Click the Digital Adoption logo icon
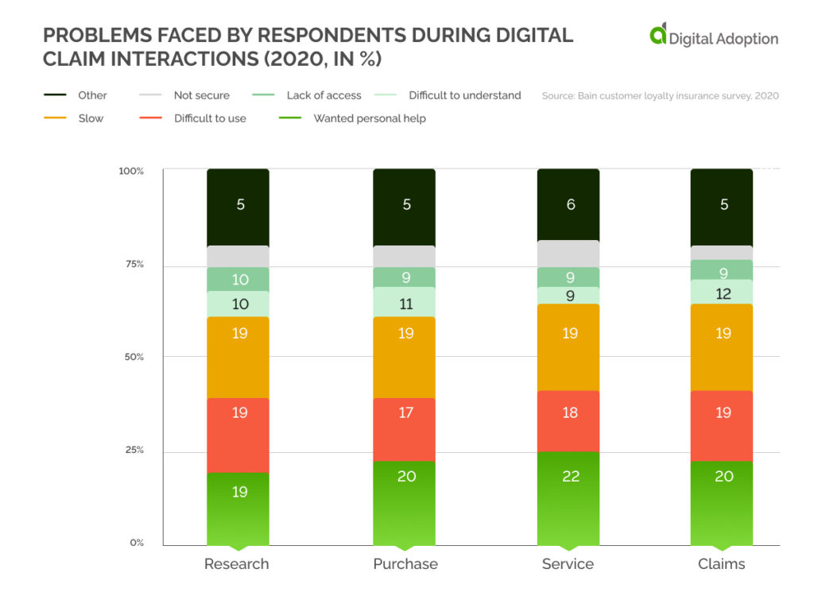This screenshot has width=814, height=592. (x=657, y=35)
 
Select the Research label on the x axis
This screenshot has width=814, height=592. (x=237, y=564)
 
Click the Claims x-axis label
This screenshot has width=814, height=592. (x=722, y=564)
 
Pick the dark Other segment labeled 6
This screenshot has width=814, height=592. (x=569, y=204)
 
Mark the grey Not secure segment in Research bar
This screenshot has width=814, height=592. (x=238, y=256)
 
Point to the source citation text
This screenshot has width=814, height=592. (x=660, y=96)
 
